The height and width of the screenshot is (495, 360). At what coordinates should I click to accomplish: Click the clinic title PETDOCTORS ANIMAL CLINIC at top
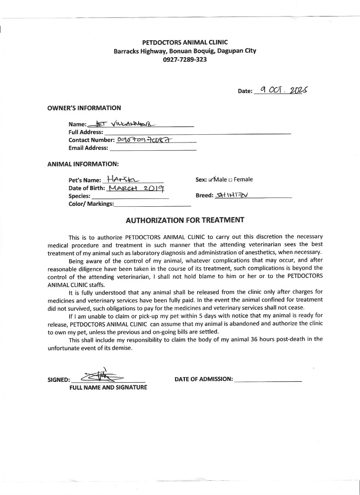[x=185, y=42]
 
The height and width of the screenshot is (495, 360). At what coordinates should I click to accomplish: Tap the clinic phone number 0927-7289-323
[x=185, y=60]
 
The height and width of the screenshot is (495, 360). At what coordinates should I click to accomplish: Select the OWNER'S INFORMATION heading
[x=84, y=108]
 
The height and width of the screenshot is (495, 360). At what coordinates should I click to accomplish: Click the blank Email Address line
[x=153, y=148]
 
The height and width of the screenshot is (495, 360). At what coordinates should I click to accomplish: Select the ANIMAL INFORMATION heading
[x=83, y=164]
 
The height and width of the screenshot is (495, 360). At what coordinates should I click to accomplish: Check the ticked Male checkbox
[x=211, y=180]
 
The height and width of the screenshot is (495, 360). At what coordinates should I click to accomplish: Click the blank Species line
[x=130, y=196]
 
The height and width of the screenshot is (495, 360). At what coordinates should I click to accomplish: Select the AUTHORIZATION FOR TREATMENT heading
[x=185, y=220]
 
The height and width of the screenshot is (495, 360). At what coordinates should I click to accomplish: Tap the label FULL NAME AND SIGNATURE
[x=108, y=388]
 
